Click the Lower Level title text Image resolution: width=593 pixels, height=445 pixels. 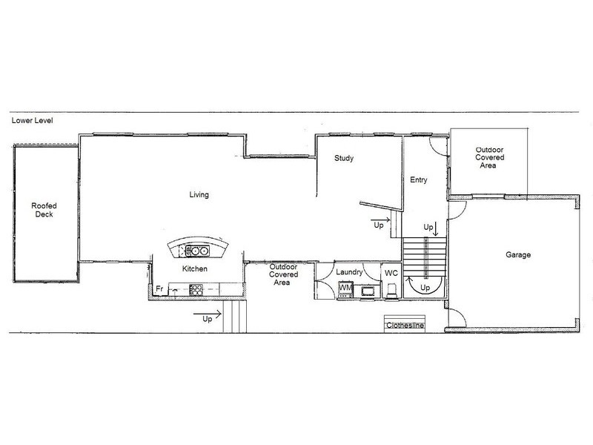tap(32, 120)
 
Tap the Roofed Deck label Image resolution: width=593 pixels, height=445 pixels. tap(44, 210)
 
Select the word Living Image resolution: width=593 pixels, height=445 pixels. tap(199, 194)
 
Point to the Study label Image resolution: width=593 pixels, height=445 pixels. tap(344, 158)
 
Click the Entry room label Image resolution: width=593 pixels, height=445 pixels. tap(419, 179)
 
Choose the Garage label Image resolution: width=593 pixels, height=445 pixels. tap(518, 254)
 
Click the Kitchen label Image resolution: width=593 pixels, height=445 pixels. tap(195, 268)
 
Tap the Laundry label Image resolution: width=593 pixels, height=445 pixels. tap(349, 272)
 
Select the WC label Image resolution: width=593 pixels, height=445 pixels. tap(391, 273)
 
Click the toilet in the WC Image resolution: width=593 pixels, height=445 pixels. tap(392, 291)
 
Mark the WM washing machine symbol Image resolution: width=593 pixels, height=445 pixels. tap(345, 289)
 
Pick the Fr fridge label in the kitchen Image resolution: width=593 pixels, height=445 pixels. tap(159, 289)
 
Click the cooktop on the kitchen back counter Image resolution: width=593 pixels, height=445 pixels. tap(196, 290)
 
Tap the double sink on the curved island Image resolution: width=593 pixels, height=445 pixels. tap(197, 251)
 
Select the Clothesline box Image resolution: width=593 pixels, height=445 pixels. tap(405, 323)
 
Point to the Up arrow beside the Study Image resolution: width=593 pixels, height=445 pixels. tap(380, 220)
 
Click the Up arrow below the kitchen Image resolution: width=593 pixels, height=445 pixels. tap(208, 314)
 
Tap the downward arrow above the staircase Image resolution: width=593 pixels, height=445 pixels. tap(436, 229)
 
